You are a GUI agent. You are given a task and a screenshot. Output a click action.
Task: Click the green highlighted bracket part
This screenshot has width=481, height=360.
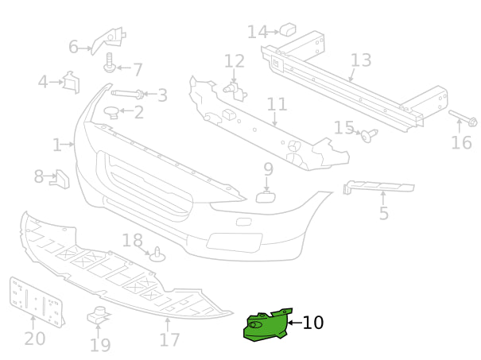[x=266, y=326]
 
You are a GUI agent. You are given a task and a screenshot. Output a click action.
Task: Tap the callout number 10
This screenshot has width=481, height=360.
[x=313, y=323]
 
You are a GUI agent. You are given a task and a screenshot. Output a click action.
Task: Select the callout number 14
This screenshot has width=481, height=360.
[x=257, y=32]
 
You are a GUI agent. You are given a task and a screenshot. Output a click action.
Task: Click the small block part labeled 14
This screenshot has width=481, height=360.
[x=288, y=30]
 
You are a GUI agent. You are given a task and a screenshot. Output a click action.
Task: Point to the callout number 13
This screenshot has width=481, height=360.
[x=360, y=60]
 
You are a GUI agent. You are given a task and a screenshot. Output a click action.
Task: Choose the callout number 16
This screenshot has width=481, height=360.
[x=461, y=143]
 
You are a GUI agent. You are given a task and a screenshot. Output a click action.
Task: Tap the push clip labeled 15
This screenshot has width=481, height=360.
[x=369, y=136]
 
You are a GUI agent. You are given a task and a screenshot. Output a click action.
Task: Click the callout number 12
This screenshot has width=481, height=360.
[x=234, y=61]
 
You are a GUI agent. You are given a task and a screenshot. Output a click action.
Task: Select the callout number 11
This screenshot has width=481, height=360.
[x=277, y=104]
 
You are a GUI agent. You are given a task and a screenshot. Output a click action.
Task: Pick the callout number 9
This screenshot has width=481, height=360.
[x=268, y=169]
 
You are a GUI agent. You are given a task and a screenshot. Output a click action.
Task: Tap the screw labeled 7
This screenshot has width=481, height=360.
[x=110, y=58]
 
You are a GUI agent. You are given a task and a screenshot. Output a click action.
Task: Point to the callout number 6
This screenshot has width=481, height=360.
[x=73, y=48]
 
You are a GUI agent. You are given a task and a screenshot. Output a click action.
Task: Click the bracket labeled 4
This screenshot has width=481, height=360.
[x=71, y=82]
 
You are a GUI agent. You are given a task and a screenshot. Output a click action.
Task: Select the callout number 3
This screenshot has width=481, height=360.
[x=162, y=95]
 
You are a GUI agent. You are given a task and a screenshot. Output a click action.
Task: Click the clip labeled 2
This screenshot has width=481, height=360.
[x=114, y=113]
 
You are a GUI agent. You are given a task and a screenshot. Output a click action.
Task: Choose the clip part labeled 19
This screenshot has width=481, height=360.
[x=98, y=316]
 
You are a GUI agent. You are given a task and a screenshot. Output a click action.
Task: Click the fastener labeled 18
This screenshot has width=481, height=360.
[x=157, y=255]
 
